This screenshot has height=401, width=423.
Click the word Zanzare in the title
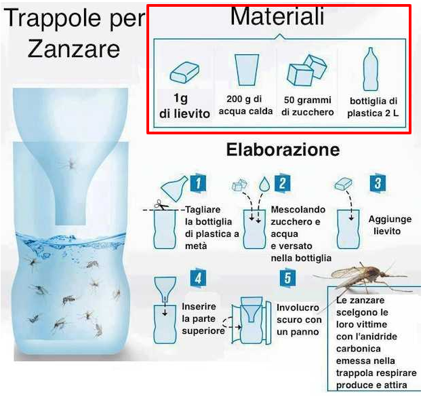(74, 49)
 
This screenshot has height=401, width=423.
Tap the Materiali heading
(277, 16)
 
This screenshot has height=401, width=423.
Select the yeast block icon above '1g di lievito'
(184, 72)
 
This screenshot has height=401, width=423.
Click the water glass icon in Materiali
(247, 70)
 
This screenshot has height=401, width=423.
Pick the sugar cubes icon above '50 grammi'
(306, 70)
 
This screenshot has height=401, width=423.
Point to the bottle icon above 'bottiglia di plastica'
(371, 69)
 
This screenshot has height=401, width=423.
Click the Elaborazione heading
(283, 149)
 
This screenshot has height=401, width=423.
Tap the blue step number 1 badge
(198, 183)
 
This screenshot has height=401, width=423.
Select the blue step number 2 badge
(283, 183)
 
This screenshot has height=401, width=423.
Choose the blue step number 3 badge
(378, 183)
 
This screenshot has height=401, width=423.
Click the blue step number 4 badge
(198, 278)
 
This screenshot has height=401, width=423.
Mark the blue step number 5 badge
(287, 278)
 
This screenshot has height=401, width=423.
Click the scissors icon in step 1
(161, 205)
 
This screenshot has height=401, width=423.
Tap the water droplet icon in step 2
(264, 184)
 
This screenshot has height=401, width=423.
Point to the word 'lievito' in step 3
(387, 231)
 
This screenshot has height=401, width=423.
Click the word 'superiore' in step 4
(203, 331)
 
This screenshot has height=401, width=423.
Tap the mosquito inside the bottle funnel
(70, 164)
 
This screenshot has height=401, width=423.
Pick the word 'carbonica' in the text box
(358, 349)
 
